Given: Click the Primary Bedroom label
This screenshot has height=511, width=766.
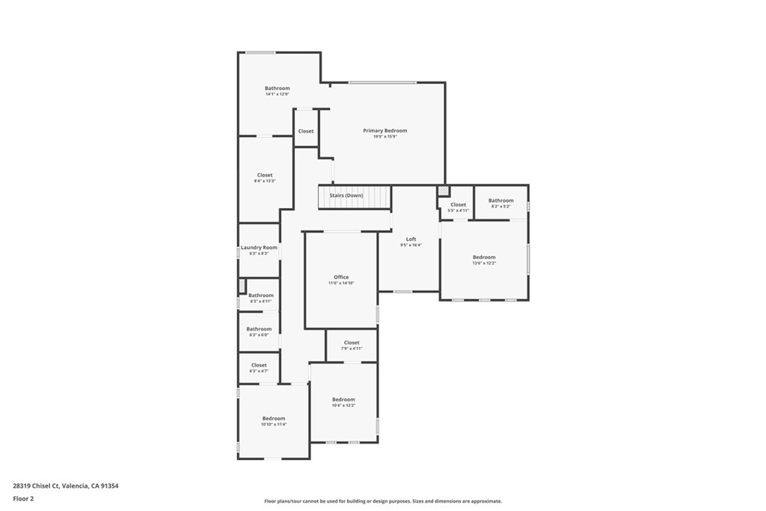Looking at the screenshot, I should (384, 131).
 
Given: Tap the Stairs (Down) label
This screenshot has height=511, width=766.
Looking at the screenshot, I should (346, 195).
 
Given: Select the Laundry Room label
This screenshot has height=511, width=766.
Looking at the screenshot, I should (259, 248).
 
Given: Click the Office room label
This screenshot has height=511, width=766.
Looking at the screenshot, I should (341, 278).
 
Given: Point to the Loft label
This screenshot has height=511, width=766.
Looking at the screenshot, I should (411, 239).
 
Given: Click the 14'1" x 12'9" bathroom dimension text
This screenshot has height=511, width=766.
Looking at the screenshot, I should (277, 94).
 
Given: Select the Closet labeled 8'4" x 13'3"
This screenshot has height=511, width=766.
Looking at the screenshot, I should (265, 175).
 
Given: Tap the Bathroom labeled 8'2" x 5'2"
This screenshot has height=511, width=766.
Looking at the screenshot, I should (500, 201).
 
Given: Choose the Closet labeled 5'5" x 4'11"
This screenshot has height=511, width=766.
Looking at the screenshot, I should (457, 205).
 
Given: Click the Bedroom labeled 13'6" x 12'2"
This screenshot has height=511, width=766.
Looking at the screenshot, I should (483, 257).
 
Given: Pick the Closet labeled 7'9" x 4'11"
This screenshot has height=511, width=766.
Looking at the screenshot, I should (352, 343).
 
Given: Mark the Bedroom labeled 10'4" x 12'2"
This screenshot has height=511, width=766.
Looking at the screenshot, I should (343, 400).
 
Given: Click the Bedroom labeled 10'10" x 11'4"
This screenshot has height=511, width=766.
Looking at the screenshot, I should (274, 418).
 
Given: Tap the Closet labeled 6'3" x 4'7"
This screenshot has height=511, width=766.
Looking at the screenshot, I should (259, 365).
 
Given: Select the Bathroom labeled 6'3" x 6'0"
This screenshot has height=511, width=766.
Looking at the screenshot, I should (259, 329).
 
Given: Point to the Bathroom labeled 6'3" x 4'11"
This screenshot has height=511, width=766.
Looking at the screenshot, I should (261, 296).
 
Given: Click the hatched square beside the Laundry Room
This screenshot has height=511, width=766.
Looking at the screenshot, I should (242, 286).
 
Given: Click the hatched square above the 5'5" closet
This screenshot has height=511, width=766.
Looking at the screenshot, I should (443, 192).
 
